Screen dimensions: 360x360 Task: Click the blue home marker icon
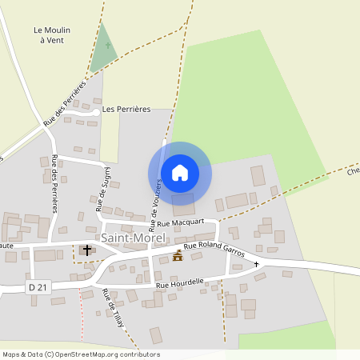179,172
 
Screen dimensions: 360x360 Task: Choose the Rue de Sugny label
103,190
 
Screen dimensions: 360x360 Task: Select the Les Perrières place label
126,110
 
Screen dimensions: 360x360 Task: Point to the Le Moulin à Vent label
52,35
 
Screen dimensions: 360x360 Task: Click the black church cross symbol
87,251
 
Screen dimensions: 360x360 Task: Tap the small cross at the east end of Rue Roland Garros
257,264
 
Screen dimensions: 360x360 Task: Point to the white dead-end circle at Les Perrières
96,113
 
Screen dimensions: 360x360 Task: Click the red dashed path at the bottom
81,320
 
